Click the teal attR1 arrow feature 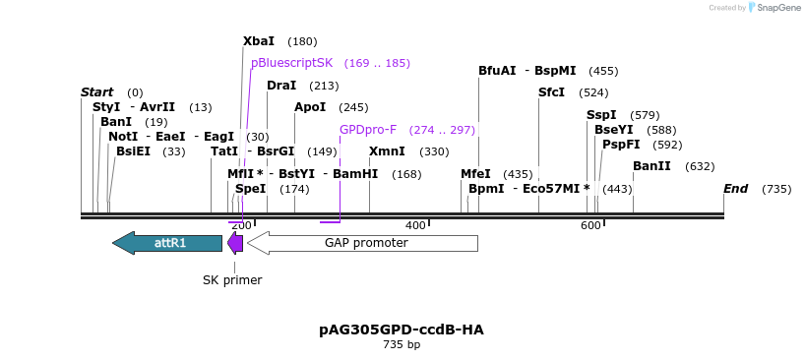tap(167, 243)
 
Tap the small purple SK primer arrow tap(234, 243)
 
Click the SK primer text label tap(232, 280)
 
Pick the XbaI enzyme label tap(259, 41)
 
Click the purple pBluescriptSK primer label tap(292, 63)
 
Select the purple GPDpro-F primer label tap(368, 130)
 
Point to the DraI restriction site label tap(281, 86)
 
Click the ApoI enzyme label tap(310, 107)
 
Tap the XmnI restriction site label tap(387, 151)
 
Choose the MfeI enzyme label tap(475, 174)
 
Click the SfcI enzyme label tap(551, 92)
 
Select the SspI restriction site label tap(601, 115)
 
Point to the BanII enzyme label tap(651, 166)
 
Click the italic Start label tap(96, 92)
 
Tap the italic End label tap(735, 189)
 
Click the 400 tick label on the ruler tap(415, 226)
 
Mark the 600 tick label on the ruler tap(590, 226)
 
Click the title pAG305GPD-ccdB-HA tap(402, 330)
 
